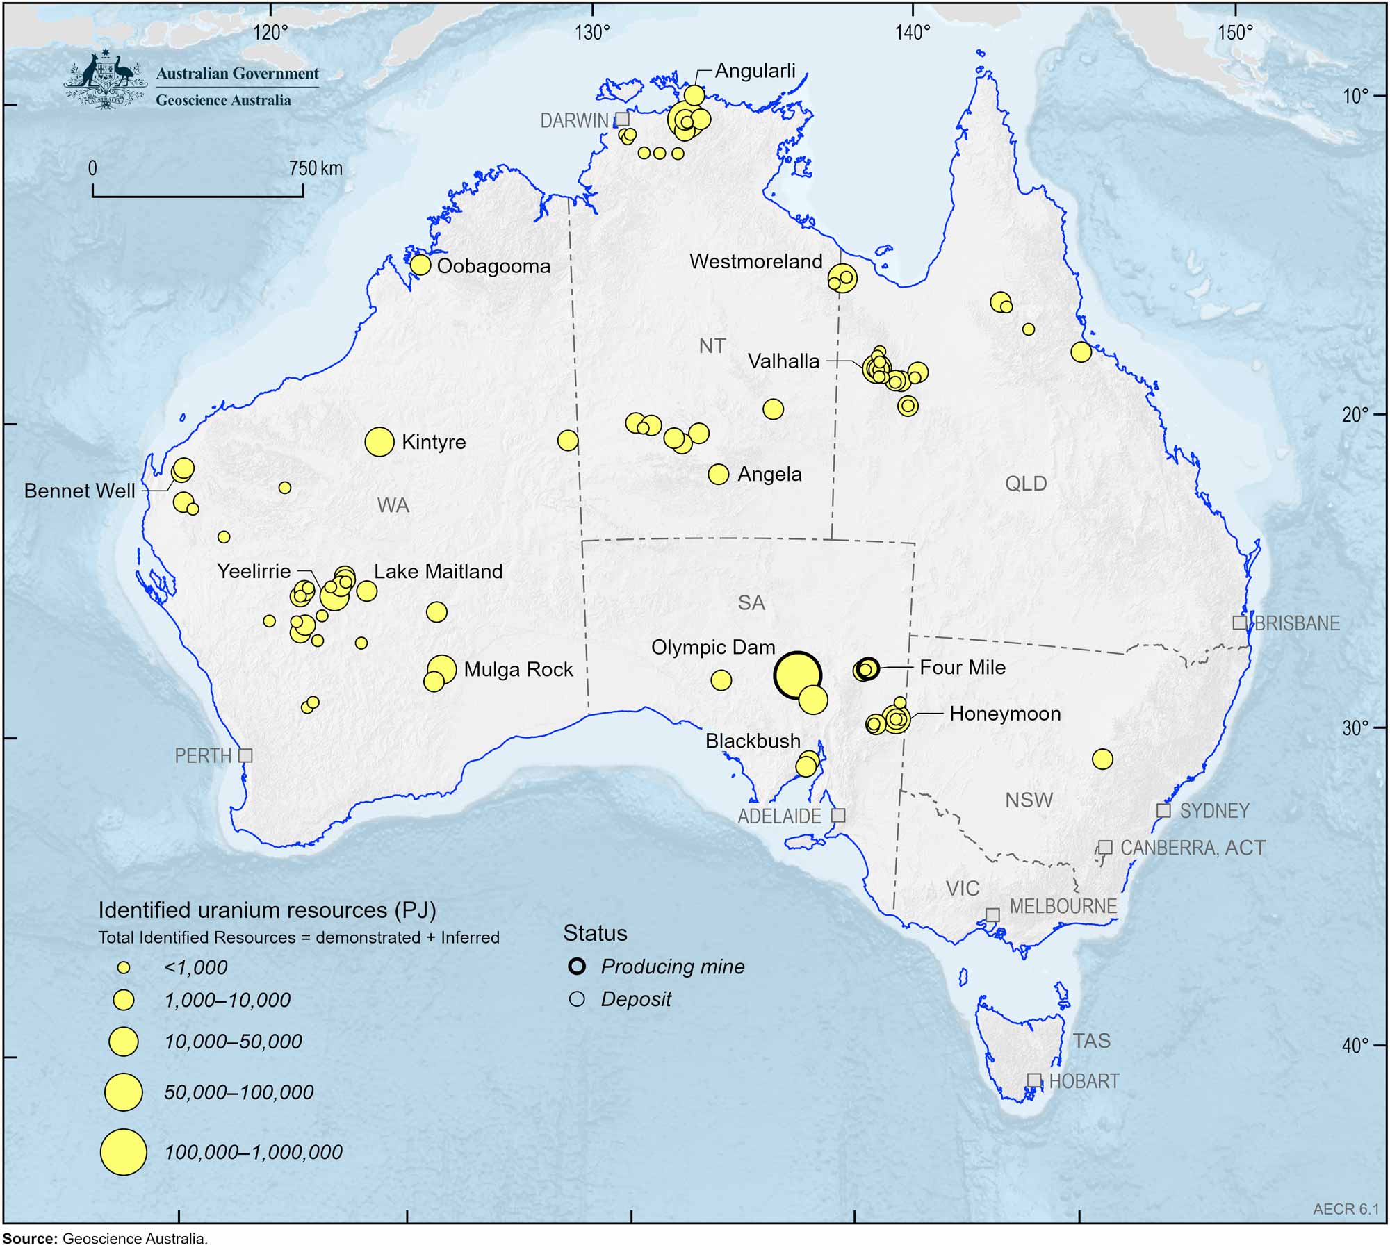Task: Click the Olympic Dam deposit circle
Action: click(x=797, y=675)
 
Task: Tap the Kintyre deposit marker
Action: click(x=379, y=441)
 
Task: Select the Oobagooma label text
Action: click(x=493, y=266)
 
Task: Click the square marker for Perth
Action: click(x=245, y=755)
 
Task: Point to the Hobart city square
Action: click(x=1034, y=1080)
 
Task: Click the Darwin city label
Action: click(x=574, y=120)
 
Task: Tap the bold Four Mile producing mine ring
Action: click(x=868, y=668)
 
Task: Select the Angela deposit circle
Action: click(x=718, y=474)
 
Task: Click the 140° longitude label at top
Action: click(x=912, y=33)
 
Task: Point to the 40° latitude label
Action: click(x=1355, y=1044)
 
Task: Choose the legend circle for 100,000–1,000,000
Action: click(x=124, y=1151)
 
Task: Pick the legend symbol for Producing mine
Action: click(x=577, y=966)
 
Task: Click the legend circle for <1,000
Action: click(x=124, y=967)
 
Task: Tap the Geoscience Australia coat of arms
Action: click(x=106, y=79)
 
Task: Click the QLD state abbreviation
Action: click(x=1026, y=484)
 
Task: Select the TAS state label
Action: click(x=1091, y=1040)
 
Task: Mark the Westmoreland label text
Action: click(x=755, y=262)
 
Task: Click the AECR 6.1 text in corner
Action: click(x=1346, y=1209)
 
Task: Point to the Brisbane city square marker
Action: click(x=1239, y=623)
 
